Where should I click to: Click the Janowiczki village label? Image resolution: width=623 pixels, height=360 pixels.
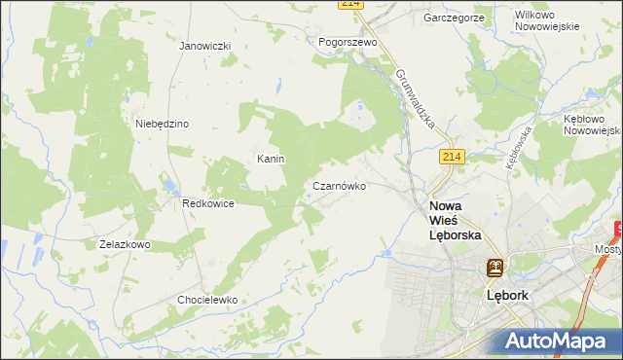[204, 46]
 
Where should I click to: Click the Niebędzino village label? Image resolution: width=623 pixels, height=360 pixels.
[162, 124]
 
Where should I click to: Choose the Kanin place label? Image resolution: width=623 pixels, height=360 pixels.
[270, 158]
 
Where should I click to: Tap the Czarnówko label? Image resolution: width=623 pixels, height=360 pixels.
[339, 185]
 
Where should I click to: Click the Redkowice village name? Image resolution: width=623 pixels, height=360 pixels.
[206, 203]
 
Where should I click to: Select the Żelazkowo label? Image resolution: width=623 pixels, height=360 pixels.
[125, 244]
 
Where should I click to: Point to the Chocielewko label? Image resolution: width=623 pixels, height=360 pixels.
[207, 300]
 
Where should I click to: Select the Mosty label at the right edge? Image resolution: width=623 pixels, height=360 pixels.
[607, 249]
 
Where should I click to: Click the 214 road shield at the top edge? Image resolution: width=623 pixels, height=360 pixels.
[351, 5]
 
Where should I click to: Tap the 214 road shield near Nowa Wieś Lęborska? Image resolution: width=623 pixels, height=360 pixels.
[450, 157]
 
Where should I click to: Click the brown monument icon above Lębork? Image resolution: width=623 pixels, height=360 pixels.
[495, 268]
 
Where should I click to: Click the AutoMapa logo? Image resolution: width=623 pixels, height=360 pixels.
[557, 341]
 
